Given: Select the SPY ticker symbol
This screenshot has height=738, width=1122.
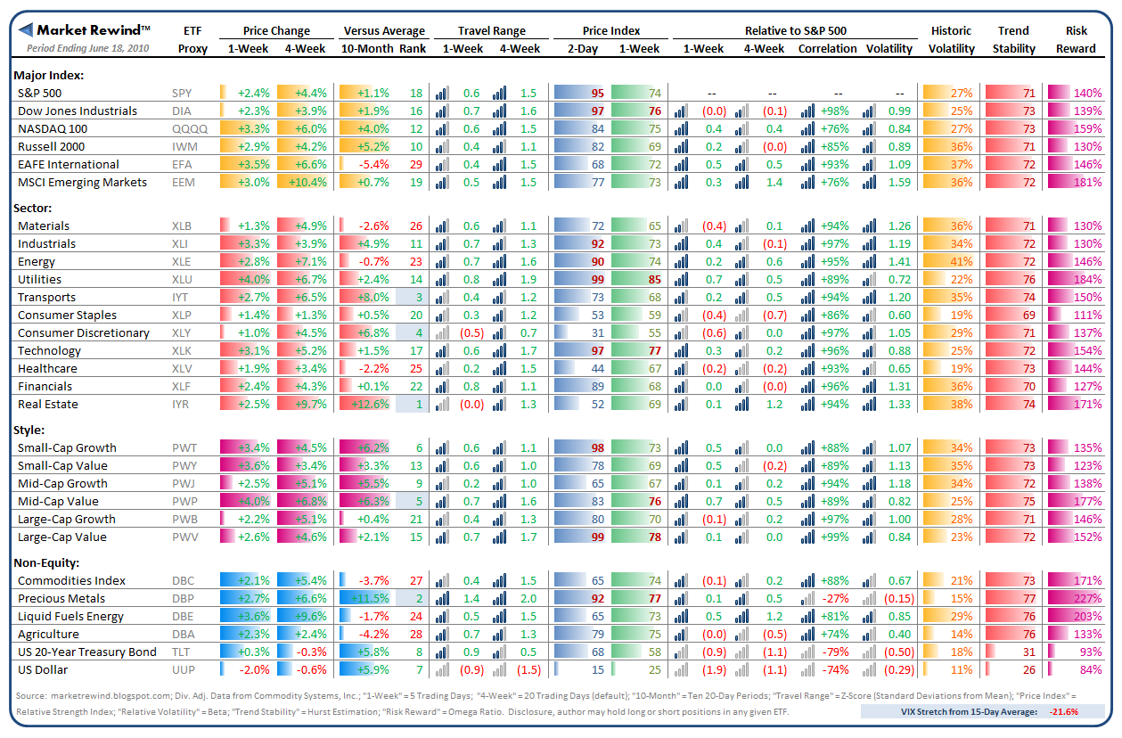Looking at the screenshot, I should (182, 93).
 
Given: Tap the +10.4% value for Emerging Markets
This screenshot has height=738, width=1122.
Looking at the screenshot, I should (310, 182).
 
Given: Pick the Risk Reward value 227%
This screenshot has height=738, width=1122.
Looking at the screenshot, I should (1087, 598).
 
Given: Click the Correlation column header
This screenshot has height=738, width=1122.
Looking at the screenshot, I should (828, 48).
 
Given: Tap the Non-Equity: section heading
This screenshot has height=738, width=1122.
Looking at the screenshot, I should (46, 562).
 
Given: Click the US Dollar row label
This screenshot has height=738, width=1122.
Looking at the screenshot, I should (43, 669).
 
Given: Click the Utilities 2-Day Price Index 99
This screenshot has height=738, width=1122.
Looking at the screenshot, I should (597, 279).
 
